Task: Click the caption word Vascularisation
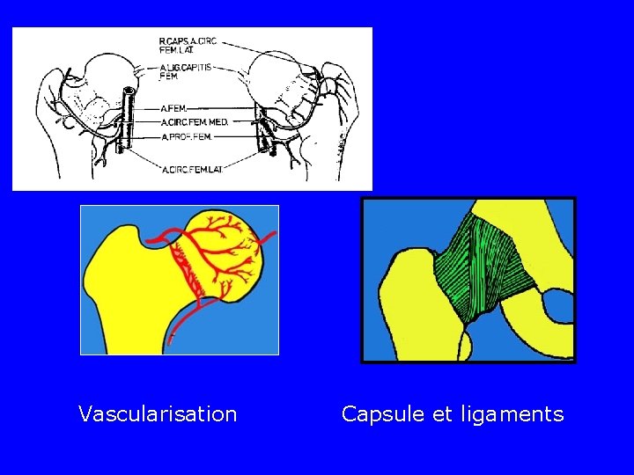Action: (x=158, y=413)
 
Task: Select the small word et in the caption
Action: (x=442, y=413)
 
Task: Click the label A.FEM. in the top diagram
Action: (x=173, y=108)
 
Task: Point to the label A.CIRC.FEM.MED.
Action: (x=194, y=122)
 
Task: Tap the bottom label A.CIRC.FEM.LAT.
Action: (x=192, y=169)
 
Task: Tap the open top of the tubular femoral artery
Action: (x=130, y=91)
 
